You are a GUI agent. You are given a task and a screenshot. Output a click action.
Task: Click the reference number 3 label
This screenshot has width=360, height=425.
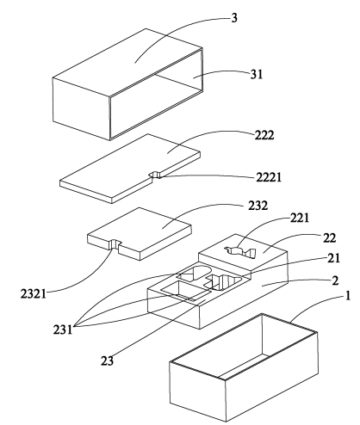[234, 18]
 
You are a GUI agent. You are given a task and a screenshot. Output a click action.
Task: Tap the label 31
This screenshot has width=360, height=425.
[257, 74]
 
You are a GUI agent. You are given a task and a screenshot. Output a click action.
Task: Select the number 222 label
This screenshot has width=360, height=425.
[264, 135]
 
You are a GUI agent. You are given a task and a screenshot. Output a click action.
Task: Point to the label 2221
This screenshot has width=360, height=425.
[269, 177]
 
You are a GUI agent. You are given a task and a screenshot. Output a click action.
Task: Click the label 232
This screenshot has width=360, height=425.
[258, 206]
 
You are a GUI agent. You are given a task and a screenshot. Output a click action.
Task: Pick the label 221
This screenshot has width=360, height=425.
[300, 218]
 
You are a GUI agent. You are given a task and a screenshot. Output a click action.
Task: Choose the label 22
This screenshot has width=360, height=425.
[329, 237]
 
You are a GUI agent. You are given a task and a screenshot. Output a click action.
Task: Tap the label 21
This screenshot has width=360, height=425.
[334, 258]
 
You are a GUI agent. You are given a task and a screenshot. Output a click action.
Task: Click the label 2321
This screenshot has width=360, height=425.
[34, 294]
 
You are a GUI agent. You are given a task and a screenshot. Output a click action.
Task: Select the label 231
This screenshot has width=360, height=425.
[63, 330]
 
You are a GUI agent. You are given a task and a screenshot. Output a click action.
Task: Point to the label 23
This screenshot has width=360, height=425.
[107, 360]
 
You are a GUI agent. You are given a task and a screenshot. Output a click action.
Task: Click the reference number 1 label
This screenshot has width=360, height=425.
[348, 296]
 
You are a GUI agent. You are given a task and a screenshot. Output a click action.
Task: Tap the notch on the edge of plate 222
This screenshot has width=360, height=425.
[155, 175]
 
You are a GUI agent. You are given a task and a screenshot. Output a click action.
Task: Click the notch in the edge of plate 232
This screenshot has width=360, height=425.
[115, 244]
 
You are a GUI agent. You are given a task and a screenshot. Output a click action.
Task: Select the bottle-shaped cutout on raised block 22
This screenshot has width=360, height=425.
[240, 252]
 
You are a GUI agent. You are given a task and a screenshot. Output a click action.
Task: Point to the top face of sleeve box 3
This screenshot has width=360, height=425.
[127, 62]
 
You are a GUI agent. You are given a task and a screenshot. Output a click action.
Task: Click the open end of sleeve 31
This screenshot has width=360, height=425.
[157, 95]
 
